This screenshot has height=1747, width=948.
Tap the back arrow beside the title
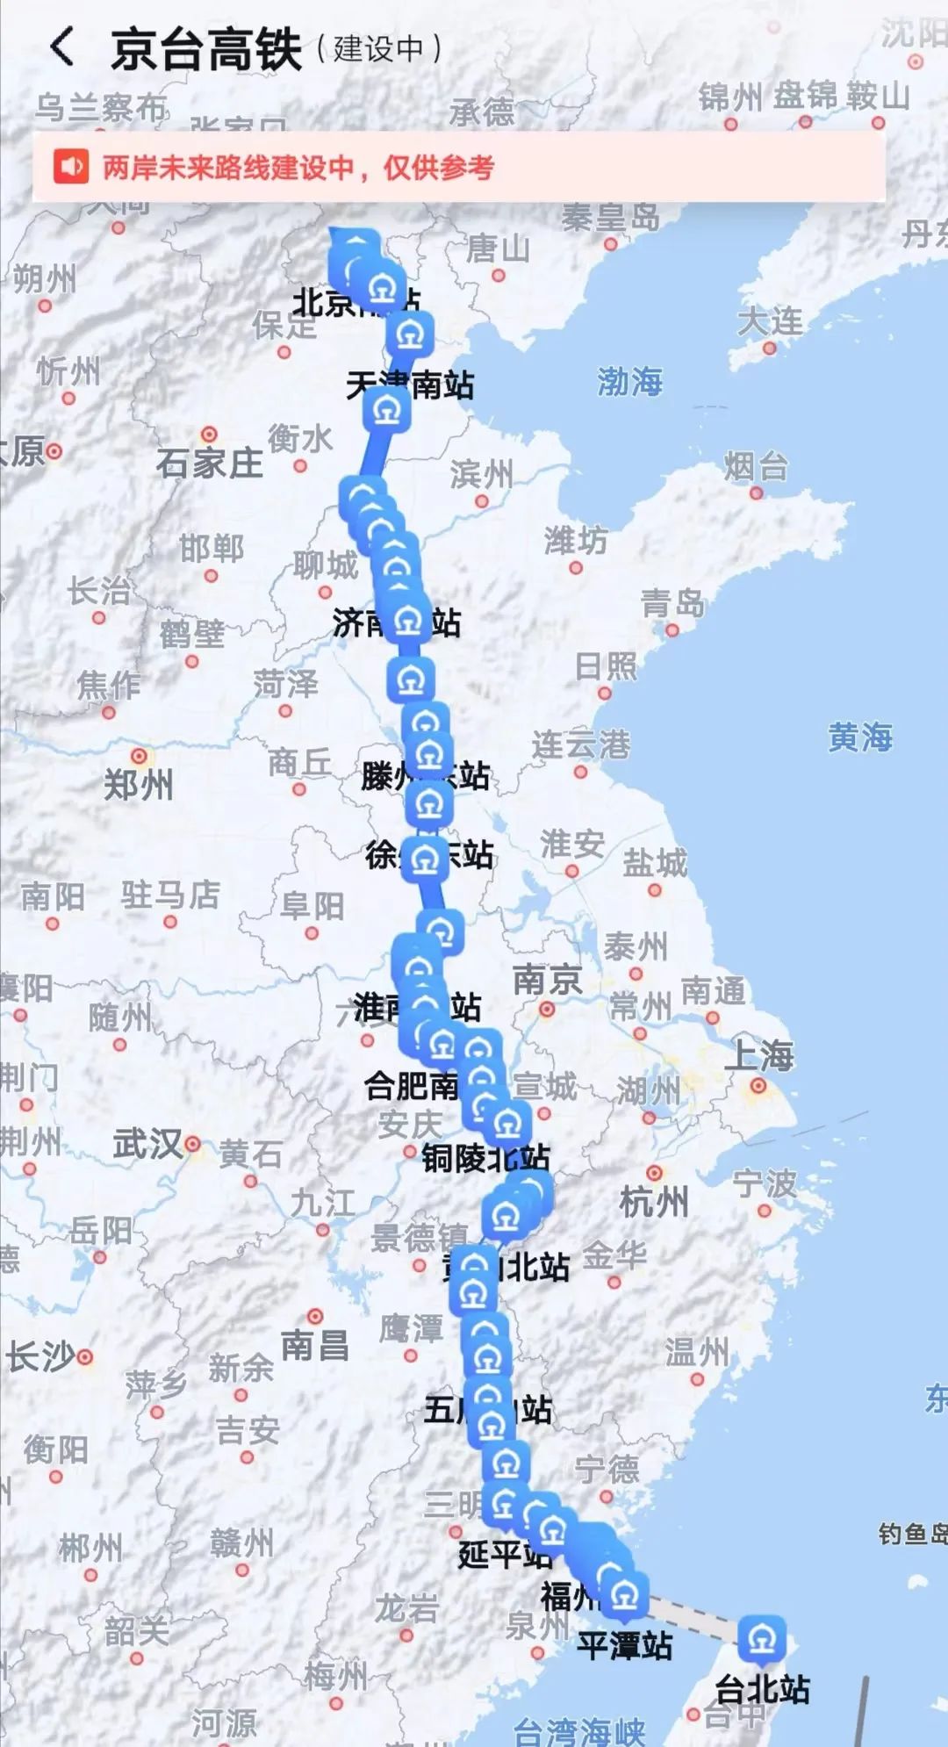(61, 47)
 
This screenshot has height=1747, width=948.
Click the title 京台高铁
(206, 49)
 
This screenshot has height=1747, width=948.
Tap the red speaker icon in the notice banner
(71, 167)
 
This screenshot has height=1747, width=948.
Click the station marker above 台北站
(761, 1638)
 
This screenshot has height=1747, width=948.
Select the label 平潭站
(624, 1645)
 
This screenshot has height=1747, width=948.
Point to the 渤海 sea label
(629, 381)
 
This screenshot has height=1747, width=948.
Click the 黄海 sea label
(859, 737)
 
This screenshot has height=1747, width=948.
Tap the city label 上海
(758, 1056)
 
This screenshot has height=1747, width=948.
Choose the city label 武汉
(147, 1144)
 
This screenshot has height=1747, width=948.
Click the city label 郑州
(138, 784)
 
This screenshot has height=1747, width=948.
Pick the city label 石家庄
(209, 463)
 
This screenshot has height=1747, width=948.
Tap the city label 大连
(770, 321)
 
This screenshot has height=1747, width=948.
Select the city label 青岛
(672, 603)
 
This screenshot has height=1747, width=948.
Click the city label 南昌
(314, 1345)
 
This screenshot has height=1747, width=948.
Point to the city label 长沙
(40, 1356)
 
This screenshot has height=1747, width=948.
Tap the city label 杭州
(653, 1201)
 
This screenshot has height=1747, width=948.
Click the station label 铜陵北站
(485, 1158)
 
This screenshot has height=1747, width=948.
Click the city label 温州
(696, 1352)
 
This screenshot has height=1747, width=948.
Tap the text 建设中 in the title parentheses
(378, 49)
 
